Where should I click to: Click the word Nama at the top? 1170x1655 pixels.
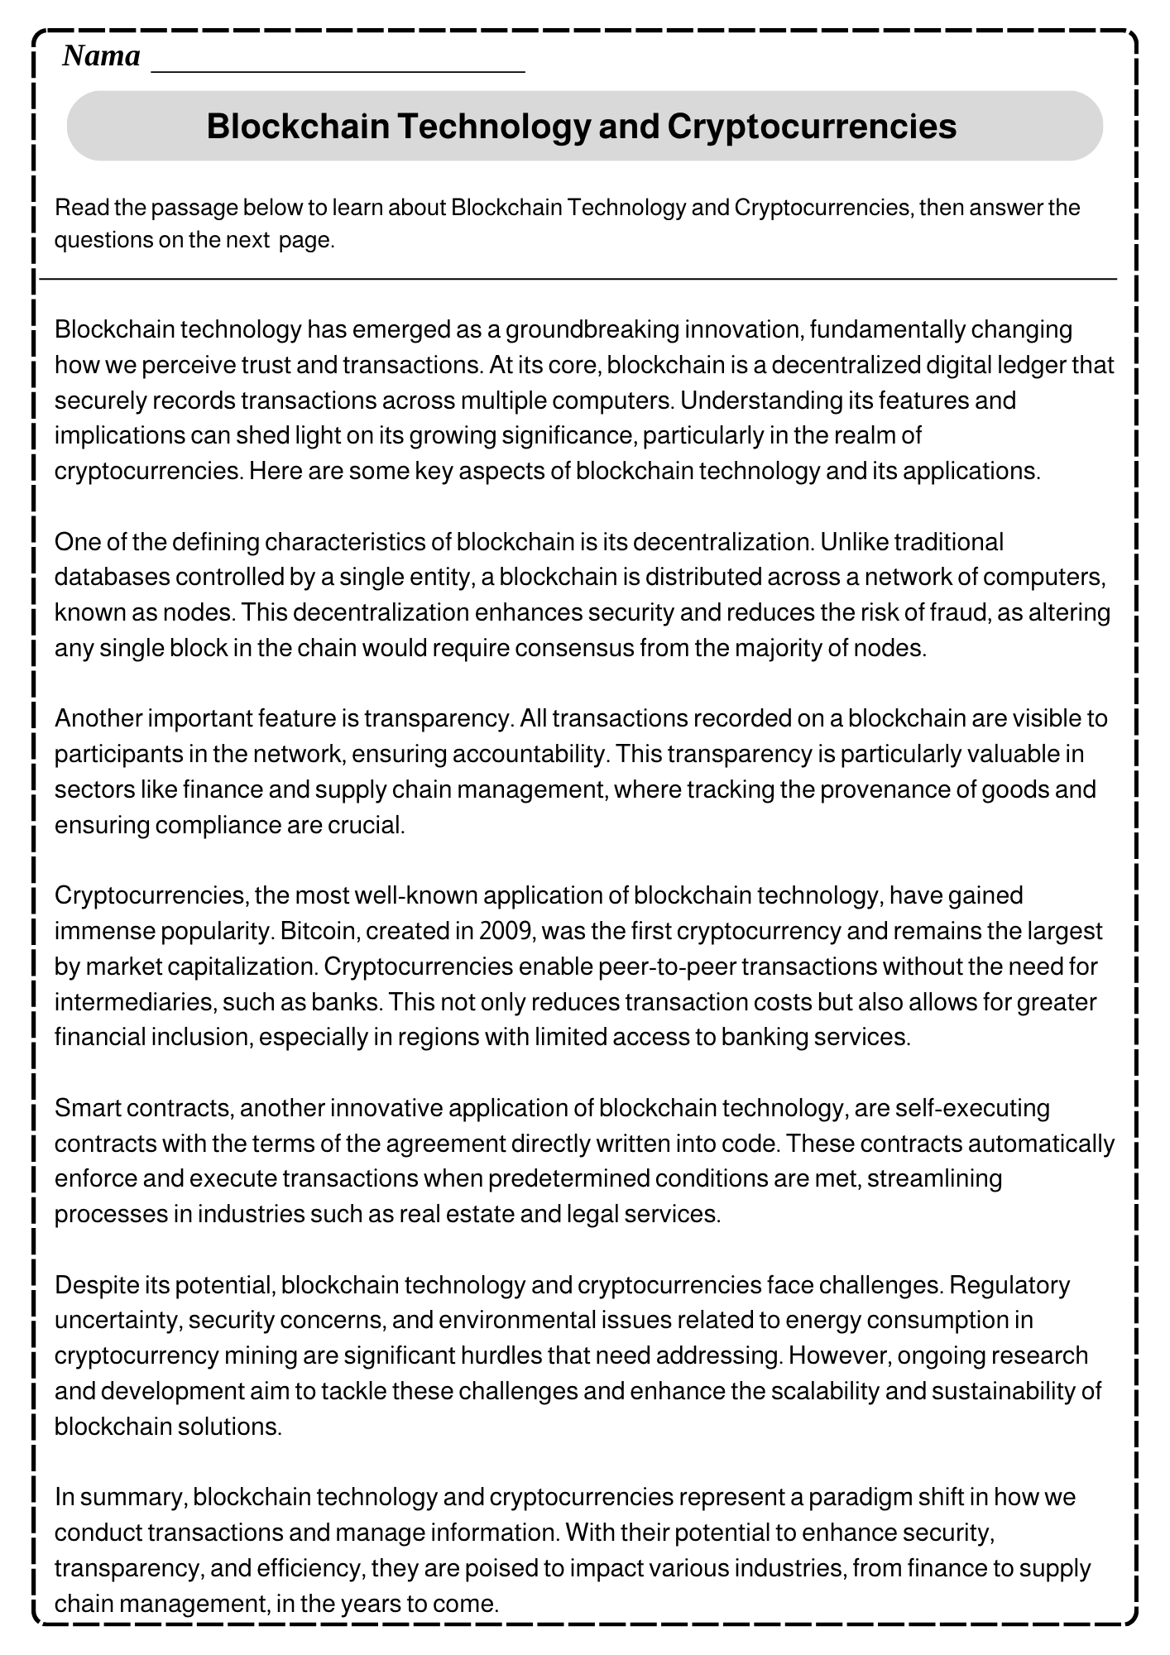(x=101, y=56)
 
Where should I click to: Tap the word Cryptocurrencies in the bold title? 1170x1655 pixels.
(x=812, y=126)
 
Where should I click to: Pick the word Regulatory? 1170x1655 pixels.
(x=1010, y=1285)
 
